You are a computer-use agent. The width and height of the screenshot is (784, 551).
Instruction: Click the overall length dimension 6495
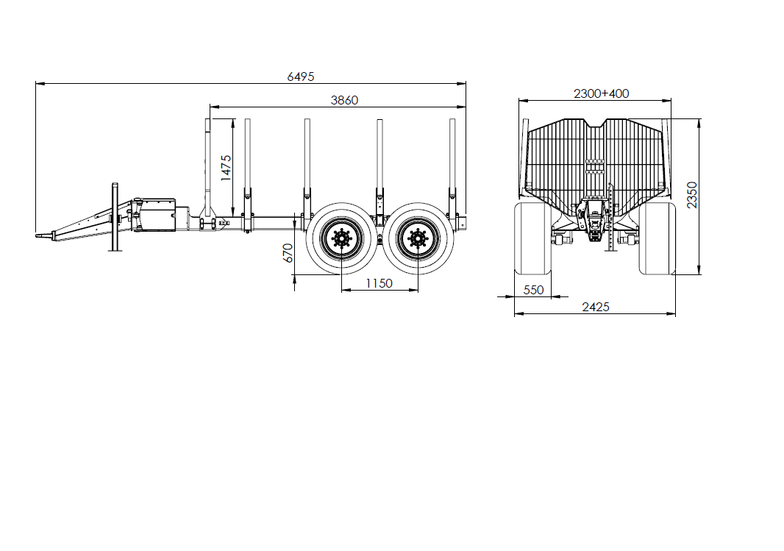click(301, 77)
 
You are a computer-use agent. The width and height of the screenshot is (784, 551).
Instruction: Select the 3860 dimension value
click(344, 100)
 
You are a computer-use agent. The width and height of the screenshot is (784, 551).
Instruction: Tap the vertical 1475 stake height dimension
click(226, 168)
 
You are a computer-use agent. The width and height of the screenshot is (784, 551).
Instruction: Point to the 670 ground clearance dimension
click(288, 253)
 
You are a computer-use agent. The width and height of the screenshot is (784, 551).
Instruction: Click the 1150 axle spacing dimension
click(379, 283)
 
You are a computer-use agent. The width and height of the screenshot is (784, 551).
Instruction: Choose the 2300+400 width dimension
click(601, 93)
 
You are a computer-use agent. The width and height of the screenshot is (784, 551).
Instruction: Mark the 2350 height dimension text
click(691, 195)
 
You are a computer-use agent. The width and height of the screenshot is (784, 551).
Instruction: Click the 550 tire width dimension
click(533, 290)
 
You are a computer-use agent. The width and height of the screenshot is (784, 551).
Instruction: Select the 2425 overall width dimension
click(596, 307)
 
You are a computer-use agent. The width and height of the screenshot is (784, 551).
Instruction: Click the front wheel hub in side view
click(341, 238)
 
